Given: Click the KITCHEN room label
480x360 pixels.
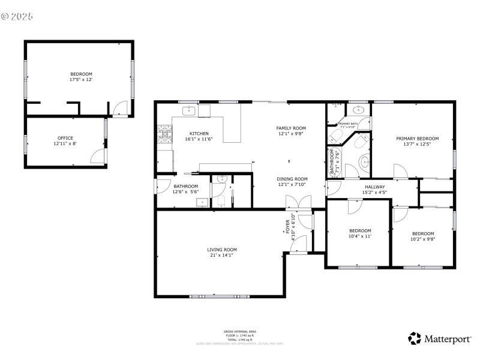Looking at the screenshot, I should coord(199,133).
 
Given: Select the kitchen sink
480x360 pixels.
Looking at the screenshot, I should coord(189,110).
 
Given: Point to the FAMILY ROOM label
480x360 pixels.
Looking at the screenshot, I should coord(291,128).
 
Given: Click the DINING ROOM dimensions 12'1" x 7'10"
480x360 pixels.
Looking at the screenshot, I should coord(292,185).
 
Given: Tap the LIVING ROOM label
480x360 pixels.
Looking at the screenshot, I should coord(222,250).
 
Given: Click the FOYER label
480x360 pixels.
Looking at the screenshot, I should coord(287,226).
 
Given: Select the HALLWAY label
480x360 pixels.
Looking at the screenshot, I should coord(375,187).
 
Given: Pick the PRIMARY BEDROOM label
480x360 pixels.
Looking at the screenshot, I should coord(417,139).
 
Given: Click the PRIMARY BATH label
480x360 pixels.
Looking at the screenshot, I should coord(347,124).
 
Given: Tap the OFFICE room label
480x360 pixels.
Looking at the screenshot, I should coord(65,138).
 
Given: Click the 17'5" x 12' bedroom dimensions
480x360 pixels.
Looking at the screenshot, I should coord(81,79).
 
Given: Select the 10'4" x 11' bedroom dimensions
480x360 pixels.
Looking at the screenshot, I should coord(360,236).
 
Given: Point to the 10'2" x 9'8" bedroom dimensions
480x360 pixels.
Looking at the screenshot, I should coord(423,239).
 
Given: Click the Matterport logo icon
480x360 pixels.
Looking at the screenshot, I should coord(415,338).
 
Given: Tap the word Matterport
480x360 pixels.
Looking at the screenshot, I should coord(448,339).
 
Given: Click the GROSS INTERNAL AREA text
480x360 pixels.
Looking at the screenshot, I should coord(240,331).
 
